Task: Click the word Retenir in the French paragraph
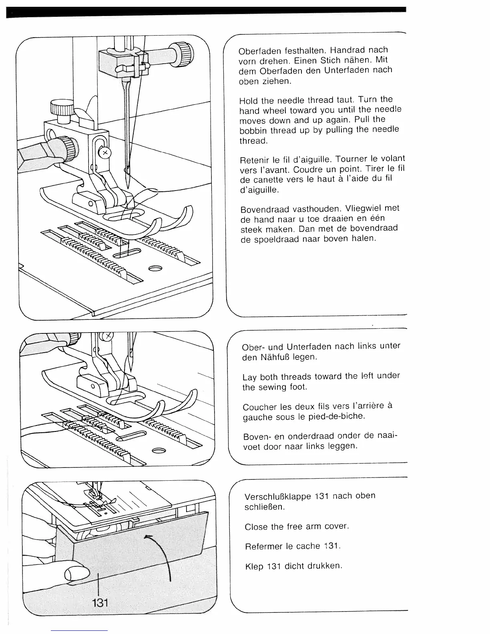click(254, 161)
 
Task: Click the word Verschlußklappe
click(278, 497)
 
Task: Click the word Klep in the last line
click(253, 567)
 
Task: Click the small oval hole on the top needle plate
click(156, 268)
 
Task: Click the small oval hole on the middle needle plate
click(159, 451)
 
